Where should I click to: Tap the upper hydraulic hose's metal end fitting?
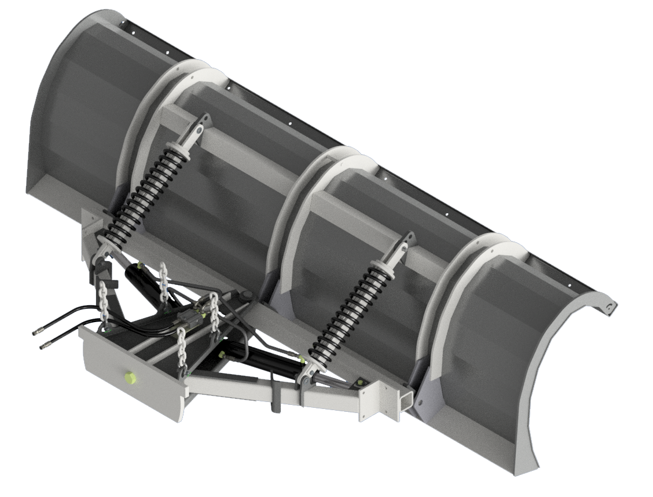(x=36, y=332)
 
